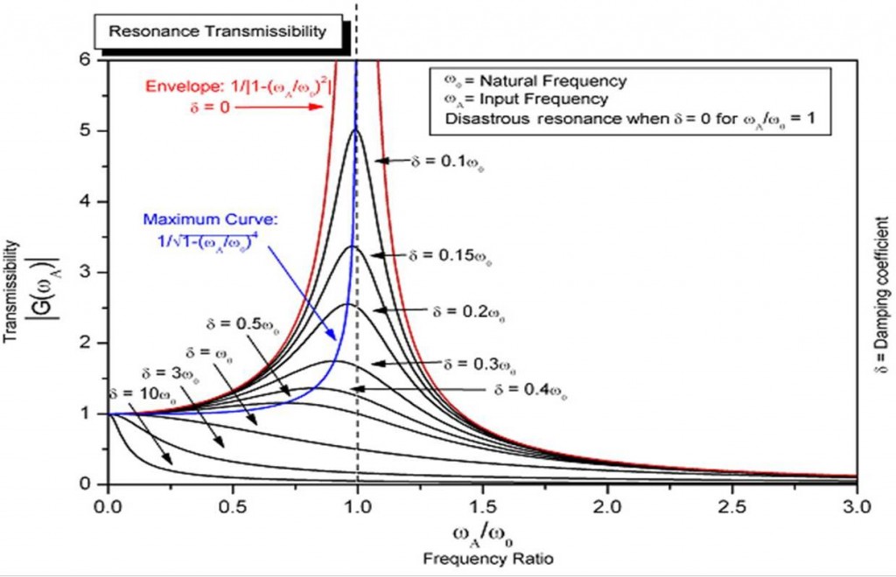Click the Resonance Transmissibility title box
point(216,31)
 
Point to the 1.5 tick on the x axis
point(482,506)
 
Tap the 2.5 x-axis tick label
point(732,506)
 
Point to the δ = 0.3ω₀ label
point(479,364)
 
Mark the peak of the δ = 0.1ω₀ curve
point(354,130)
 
